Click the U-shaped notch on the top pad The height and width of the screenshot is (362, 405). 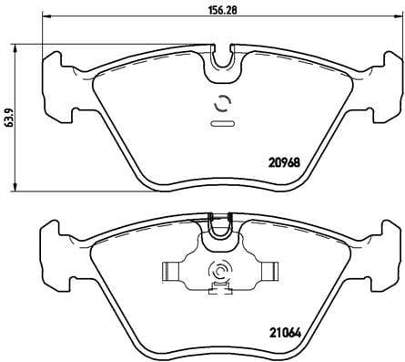click(x=220, y=59)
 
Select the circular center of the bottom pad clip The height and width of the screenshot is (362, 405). click(x=220, y=272)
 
